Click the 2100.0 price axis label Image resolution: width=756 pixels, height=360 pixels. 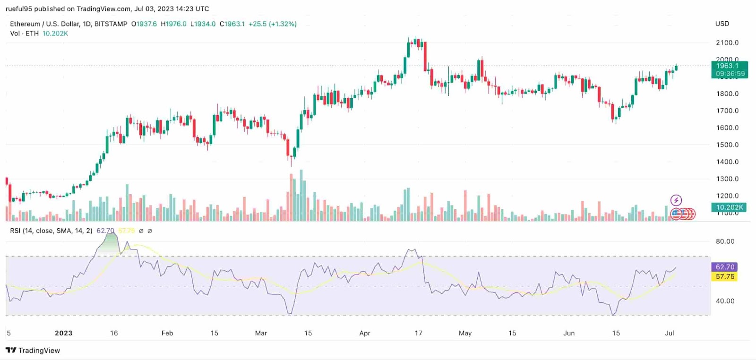click(x=727, y=43)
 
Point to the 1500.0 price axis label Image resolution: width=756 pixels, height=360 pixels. click(x=727, y=145)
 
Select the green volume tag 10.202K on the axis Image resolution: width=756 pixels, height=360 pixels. click(x=729, y=207)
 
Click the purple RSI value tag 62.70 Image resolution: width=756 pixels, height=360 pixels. click(x=725, y=267)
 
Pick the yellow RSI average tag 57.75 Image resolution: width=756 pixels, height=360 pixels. click(x=725, y=276)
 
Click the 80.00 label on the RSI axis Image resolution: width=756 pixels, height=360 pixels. click(x=725, y=241)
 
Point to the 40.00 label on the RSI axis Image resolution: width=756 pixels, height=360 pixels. click(x=725, y=300)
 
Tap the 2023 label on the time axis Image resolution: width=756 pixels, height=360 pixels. click(x=63, y=333)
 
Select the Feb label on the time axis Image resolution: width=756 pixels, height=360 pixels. click(x=167, y=333)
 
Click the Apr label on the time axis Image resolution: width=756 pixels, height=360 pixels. click(x=364, y=333)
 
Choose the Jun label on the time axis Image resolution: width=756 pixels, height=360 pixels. click(x=569, y=333)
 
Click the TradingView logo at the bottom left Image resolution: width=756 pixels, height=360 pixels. click(x=33, y=350)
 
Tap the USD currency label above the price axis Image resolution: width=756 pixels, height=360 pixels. click(x=722, y=24)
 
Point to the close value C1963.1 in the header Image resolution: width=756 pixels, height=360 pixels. click(x=232, y=24)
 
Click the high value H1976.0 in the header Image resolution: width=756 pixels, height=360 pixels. click(x=173, y=24)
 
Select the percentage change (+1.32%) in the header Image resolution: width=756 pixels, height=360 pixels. click(x=283, y=24)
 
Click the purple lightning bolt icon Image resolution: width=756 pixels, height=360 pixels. click(x=676, y=200)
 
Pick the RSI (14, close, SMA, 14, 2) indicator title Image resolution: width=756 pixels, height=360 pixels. click(x=51, y=231)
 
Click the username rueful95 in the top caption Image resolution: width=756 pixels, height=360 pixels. click(x=18, y=9)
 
